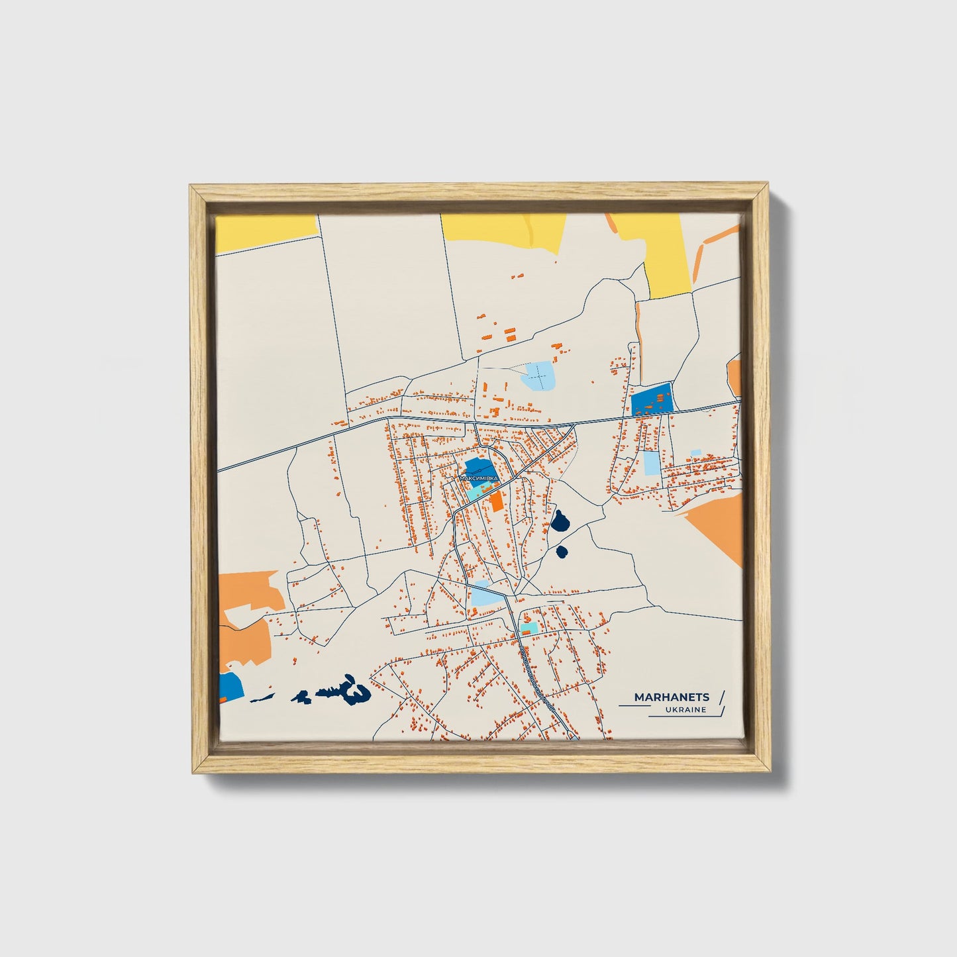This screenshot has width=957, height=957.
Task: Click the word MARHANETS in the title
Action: [x=672, y=697]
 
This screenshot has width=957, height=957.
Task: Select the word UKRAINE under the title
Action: [x=687, y=710]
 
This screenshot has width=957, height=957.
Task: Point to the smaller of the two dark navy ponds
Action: [x=562, y=552]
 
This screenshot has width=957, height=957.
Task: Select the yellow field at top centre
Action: [x=503, y=232]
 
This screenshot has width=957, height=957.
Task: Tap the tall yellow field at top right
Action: [x=666, y=252]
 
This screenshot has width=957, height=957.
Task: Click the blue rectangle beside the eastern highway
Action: [x=651, y=400]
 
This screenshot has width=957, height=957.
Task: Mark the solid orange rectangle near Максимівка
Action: [x=496, y=501]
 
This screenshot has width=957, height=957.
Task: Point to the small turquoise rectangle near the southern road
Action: [x=529, y=627]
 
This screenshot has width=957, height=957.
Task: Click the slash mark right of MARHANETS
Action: [x=721, y=697]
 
